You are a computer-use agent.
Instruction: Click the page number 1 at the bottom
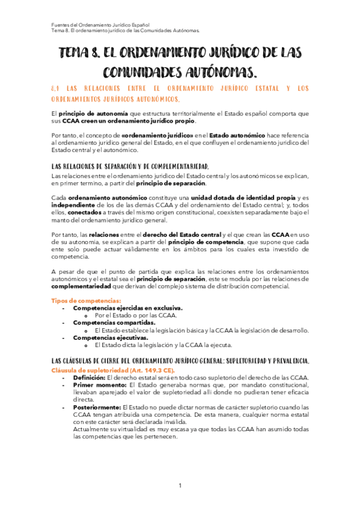pos(179,485)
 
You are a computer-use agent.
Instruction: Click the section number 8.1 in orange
pos(56,89)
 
